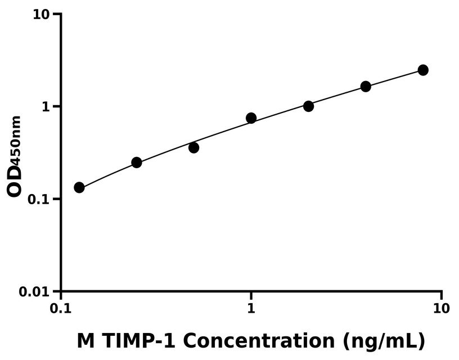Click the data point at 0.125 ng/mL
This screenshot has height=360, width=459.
(79, 187)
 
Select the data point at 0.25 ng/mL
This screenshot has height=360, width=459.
(137, 163)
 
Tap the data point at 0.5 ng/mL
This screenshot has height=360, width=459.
(194, 147)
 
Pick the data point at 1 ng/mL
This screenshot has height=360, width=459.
(251, 118)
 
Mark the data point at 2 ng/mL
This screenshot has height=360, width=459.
(309, 106)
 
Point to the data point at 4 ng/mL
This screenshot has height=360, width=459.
(366, 87)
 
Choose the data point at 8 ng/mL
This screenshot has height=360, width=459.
(423, 70)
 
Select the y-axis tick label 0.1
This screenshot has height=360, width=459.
(38, 200)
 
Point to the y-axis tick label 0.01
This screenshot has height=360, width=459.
(33, 292)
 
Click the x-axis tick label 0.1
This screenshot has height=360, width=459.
(61, 308)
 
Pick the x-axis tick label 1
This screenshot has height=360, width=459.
(251, 308)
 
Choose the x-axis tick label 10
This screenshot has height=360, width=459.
(441, 308)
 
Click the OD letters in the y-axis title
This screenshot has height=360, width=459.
(15, 181)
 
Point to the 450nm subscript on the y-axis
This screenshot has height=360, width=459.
(16, 139)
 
